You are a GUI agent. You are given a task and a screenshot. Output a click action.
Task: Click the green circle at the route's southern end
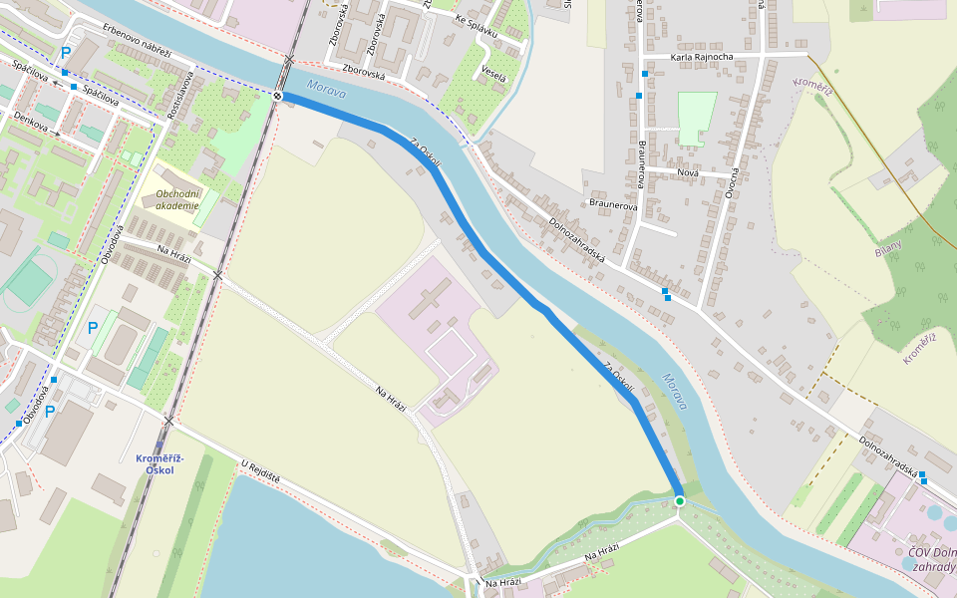click(x=679, y=500)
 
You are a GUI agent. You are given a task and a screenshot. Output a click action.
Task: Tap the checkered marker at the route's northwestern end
click(x=278, y=96)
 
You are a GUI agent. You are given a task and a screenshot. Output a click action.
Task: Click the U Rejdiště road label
click(x=260, y=472)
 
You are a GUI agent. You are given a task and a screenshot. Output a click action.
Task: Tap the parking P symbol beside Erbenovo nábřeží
click(x=66, y=53)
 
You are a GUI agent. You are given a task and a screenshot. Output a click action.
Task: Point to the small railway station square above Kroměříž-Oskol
click(x=159, y=447)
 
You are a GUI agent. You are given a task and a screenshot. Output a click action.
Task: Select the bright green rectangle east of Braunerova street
click(x=697, y=118)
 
